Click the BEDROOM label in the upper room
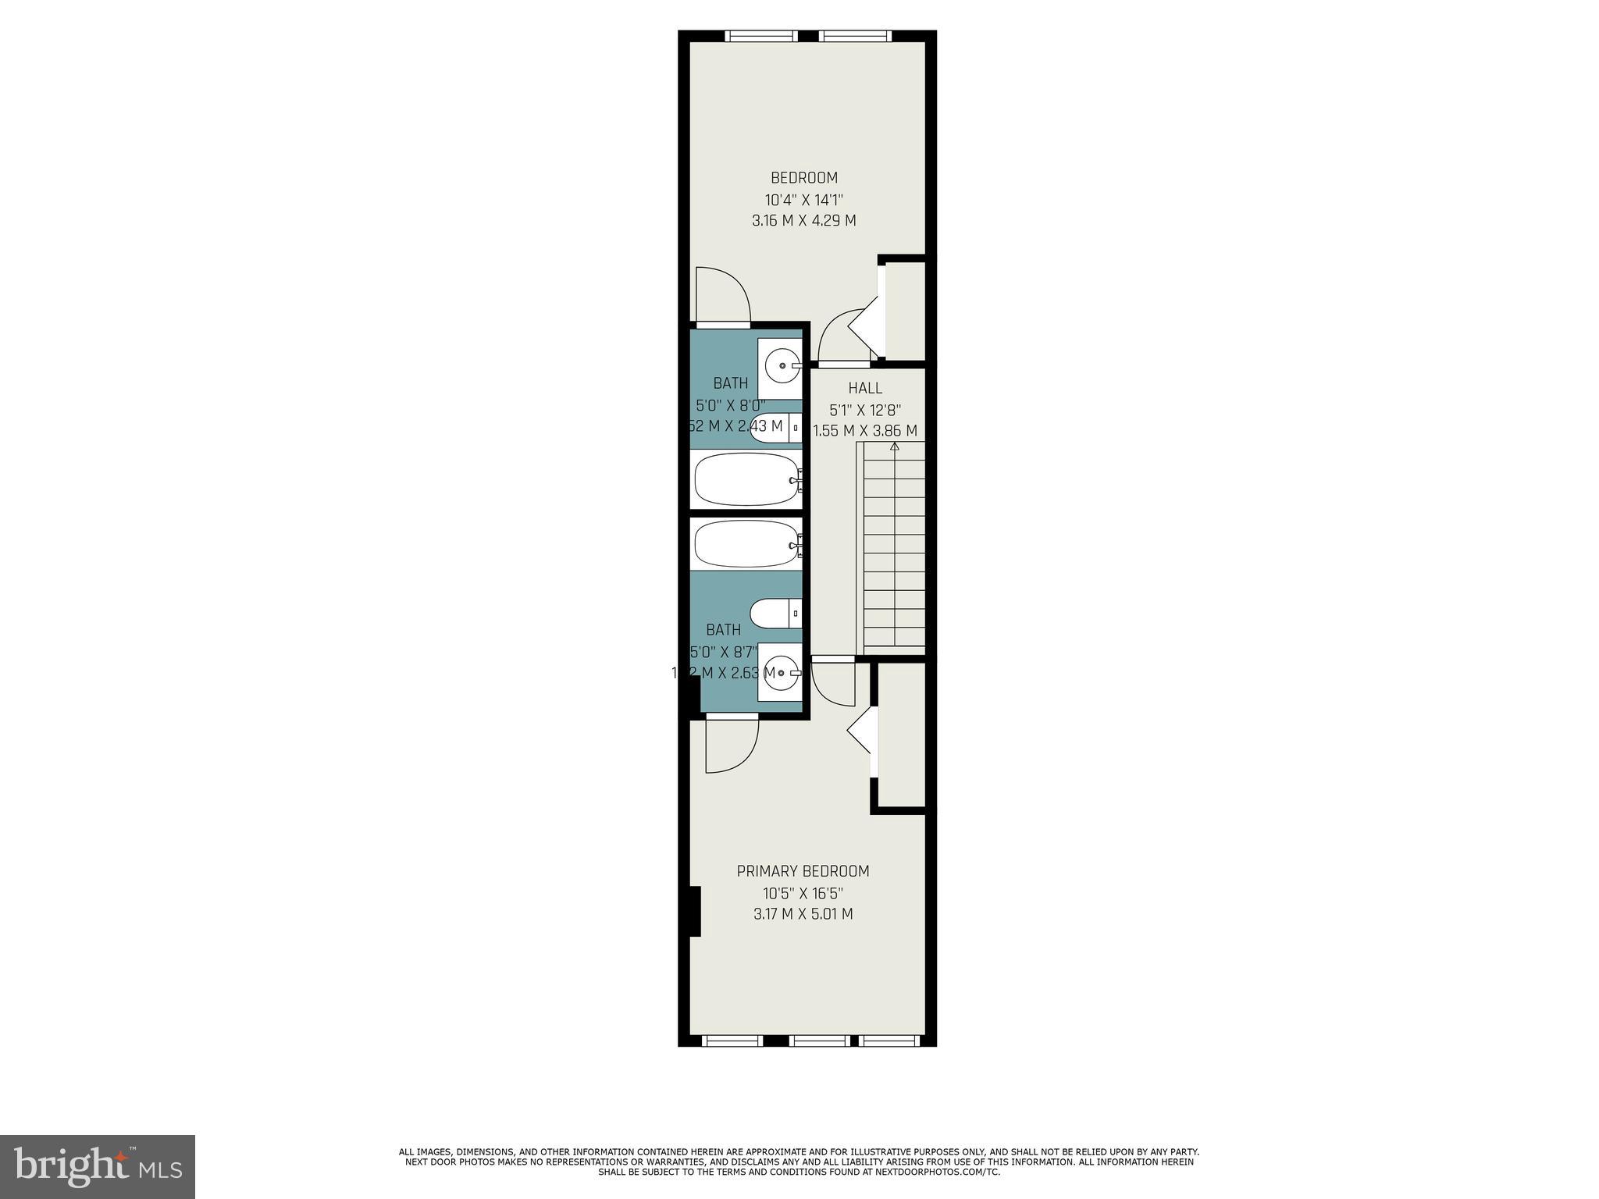coord(803,178)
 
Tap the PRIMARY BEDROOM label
coord(803,871)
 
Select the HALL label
coord(865,388)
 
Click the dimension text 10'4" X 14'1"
coord(803,200)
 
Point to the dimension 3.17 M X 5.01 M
coord(803,914)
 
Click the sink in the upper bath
coord(782,365)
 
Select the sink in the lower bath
coord(782,672)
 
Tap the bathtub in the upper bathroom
coord(746,479)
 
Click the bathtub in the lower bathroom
coord(746,544)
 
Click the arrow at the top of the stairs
coord(895,447)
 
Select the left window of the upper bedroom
coord(760,36)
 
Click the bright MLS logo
coord(98,1167)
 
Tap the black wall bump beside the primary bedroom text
coord(695,911)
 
